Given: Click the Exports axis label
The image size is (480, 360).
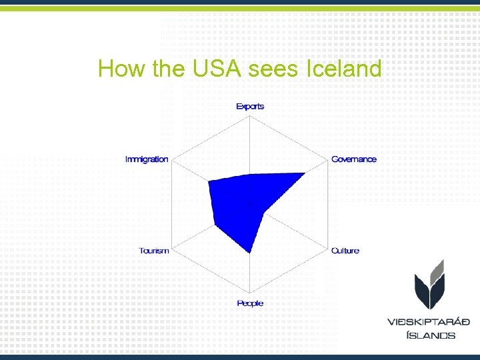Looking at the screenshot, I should click(250, 106).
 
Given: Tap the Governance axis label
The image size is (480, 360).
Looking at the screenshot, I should click(353, 159).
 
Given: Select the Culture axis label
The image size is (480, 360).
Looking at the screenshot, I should click(345, 251).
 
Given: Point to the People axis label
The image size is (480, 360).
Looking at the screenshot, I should click(250, 303).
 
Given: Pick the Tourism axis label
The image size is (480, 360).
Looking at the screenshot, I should click(154, 251).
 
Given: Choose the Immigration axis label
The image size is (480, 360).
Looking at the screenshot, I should click(147, 159).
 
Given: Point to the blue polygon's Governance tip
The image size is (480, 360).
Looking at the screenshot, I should click(305, 173).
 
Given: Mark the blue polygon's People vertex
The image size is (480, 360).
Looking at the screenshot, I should click(250, 253).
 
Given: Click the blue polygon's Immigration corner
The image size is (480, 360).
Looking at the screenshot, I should click(209, 181).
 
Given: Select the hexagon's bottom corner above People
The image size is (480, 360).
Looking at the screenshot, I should click(250, 293).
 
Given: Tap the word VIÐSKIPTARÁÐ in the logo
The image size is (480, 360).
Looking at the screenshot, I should click(429, 322).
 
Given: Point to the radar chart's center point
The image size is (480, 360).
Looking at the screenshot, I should click(250, 205).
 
